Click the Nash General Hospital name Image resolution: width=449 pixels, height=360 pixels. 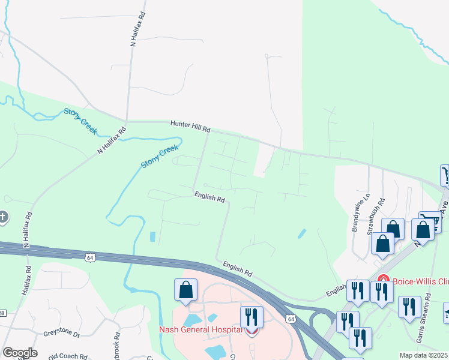201,329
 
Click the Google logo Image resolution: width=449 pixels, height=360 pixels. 20,353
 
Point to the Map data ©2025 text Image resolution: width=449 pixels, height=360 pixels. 424,355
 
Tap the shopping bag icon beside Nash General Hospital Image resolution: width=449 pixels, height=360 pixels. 186,290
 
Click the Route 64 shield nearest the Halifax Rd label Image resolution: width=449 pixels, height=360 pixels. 89,257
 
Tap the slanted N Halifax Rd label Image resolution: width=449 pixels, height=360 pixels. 112,140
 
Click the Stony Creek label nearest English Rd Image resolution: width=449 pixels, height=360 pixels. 160,156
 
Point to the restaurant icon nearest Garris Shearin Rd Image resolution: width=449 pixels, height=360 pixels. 409,307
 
